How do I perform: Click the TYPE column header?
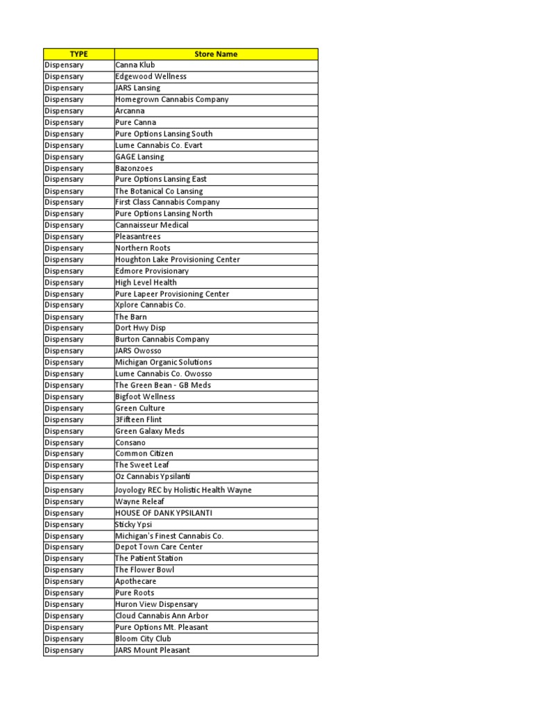[78, 53]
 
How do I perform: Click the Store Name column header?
[216, 53]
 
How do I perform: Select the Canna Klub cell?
[135, 65]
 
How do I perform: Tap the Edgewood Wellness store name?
[151, 76]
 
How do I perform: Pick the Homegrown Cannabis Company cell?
[171, 99]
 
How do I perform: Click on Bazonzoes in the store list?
[135, 168]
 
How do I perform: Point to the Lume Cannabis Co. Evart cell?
[159, 145]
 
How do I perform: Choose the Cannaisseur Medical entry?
[151, 225]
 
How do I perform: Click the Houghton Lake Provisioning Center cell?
[178, 260]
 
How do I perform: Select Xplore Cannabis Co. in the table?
[151, 305]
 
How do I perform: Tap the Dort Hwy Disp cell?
[140, 328]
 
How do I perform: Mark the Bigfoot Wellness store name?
[145, 396]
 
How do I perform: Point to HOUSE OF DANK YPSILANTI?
[164, 513]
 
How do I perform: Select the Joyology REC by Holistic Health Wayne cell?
[183, 490]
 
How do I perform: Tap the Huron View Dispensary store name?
[156, 604]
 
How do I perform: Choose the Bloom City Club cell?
[143, 639]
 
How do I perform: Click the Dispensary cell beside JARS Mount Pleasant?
[78, 651]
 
